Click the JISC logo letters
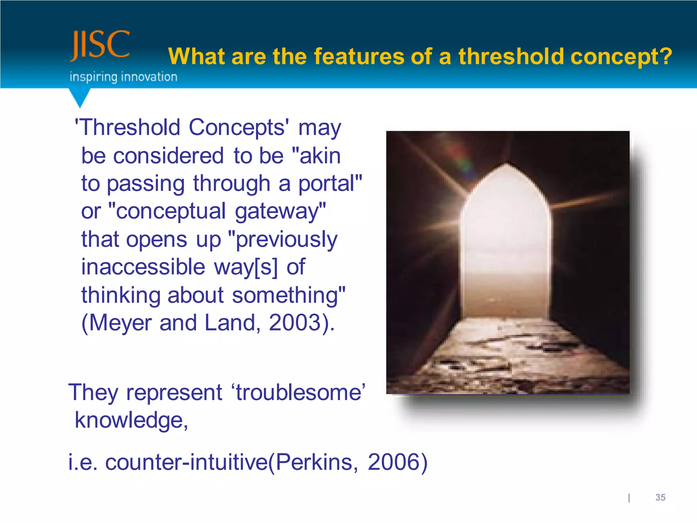(x=100, y=45)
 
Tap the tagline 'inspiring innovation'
(x=123, y=77)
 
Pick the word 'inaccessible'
(x=143, y=267)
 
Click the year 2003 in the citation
(x=295, y=322)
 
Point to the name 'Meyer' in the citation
(x=120, y=322)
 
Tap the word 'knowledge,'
(x=131, y=420)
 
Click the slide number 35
(x=660, y=497)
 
